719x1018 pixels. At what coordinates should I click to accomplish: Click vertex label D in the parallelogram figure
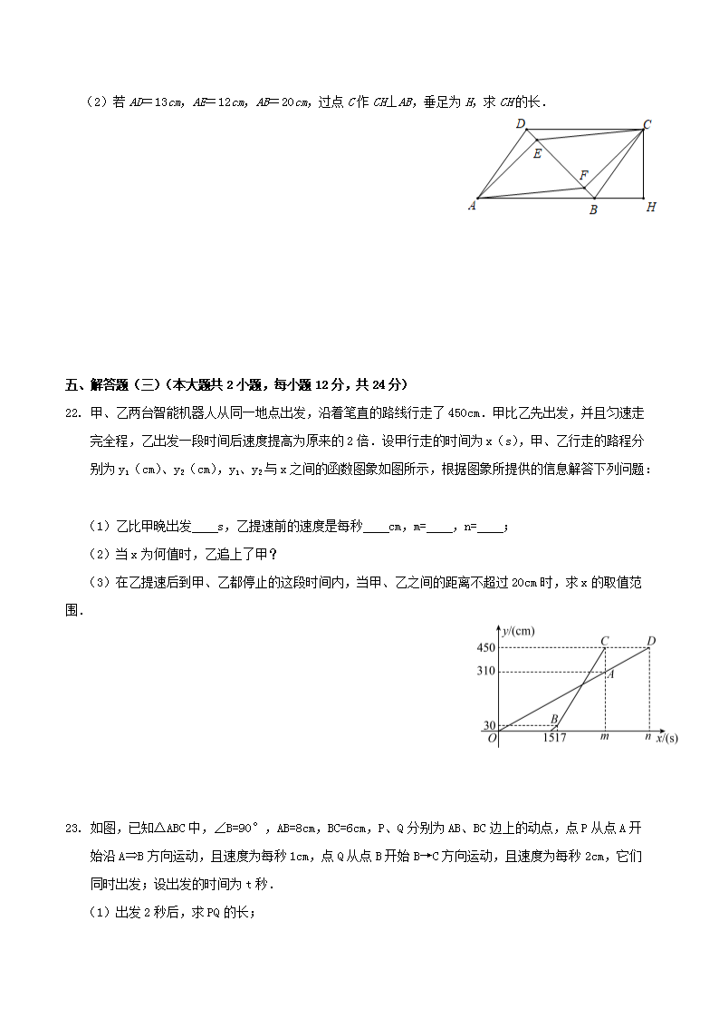[521, 124]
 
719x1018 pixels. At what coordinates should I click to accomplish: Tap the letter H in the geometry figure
[650, 208]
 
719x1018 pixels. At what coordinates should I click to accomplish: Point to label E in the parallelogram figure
[537, 153]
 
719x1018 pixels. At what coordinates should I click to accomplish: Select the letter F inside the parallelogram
[584, 174]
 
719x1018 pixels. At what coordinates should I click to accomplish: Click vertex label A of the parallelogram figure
[472, 206]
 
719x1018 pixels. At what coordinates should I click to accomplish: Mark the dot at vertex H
[643, 197]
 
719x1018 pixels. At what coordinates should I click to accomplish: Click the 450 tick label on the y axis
[486, 648]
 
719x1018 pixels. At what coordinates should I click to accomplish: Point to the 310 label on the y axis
[486, 672]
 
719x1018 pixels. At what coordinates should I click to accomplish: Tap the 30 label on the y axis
[489, 725]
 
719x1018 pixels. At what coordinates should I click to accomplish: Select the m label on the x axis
[604, 737]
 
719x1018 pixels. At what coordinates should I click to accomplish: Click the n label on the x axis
[647, 737]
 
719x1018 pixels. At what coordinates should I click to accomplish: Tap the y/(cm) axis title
[519, 630]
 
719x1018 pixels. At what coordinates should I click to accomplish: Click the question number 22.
[74, 413]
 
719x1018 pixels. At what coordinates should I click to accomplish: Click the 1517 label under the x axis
[555, 738]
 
